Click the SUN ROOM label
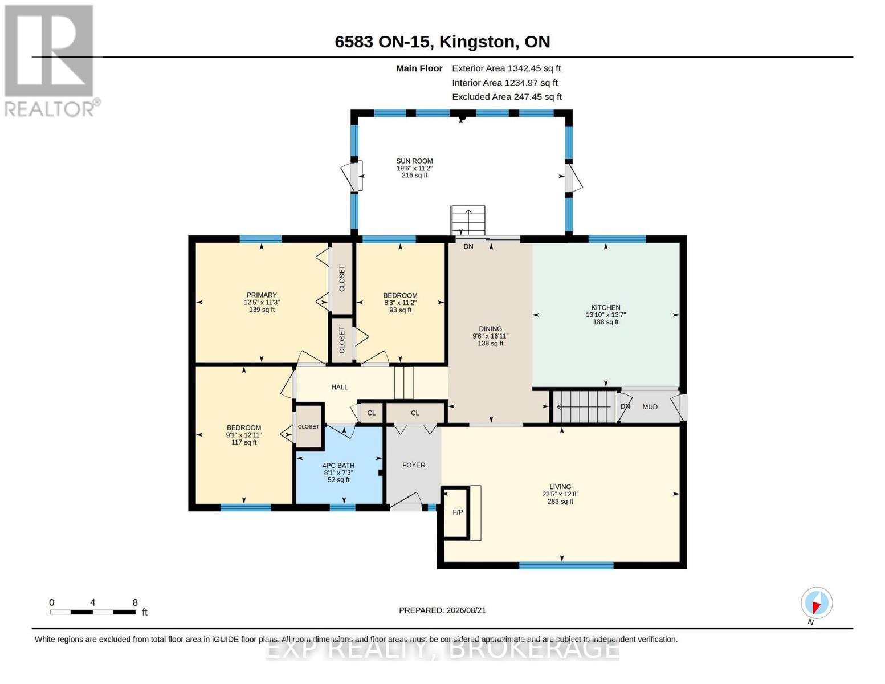(414, 161)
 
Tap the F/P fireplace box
(456, 512)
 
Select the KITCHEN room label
(606, 308)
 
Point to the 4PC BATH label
(338, 465)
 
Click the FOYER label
(414, 465)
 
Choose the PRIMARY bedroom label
(262, 295)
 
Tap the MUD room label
(650, 406)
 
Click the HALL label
(339, 387)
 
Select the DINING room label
(490, 329)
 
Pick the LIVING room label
(560, 487)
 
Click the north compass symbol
(817, 603)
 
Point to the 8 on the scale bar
(135, 602)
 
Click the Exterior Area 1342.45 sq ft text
(506, 68)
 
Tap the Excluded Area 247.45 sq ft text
(507, 97)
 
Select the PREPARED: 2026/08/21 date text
(442, 610)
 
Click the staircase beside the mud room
(584, 406)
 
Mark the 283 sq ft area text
(560, 502)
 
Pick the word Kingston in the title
(476, 42)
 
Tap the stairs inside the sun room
(467, 221)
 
